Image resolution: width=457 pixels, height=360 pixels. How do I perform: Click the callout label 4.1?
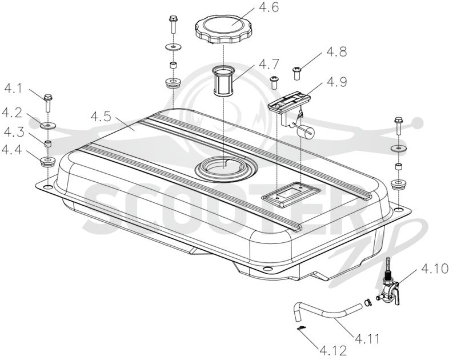pos(13,89)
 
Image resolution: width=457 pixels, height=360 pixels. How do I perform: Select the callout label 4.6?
pos(268,7)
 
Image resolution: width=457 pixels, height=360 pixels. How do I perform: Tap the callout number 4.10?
pos(434,269)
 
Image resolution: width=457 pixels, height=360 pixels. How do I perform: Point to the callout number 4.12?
pos(333,351)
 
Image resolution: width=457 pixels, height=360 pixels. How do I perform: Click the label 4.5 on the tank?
pos(101,117)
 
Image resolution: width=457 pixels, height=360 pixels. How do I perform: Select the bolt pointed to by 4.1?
pos(48,103)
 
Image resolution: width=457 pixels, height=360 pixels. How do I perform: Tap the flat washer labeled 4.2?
pos(47,126)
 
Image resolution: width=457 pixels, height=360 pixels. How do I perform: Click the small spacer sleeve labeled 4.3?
pos(48,143)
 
